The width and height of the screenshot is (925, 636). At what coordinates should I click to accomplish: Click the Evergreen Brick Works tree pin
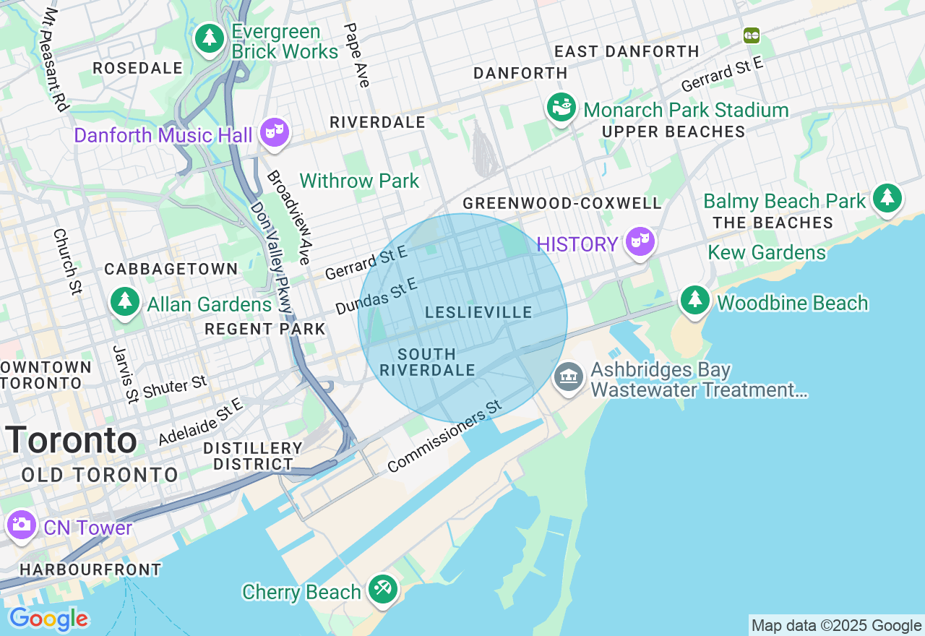[x=210, y=38]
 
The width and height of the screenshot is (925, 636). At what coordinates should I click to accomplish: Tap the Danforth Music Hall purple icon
[x=275, y=132]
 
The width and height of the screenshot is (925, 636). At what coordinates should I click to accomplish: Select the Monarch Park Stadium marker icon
[x=561, y=108]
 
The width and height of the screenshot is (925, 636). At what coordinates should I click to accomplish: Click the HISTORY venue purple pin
[x=640, y=241]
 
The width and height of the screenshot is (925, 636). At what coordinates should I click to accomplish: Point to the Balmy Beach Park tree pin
[x=887, y=198]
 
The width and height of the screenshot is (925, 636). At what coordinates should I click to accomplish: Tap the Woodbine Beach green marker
[x=694, y=299]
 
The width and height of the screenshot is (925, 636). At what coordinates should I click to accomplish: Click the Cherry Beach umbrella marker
[x=382, y=589]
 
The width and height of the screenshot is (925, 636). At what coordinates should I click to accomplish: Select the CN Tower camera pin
[x=21, y=525]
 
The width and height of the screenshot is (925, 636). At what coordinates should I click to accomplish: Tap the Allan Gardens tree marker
[x=125, y=302]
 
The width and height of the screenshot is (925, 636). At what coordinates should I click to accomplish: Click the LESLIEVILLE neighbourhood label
[x=478, y=312]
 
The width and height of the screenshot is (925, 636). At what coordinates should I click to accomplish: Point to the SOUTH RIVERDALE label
[x=427, y=362]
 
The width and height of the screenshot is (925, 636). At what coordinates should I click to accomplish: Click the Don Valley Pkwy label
[x=271, y=257]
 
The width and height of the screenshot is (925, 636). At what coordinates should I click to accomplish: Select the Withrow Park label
[x=359, y=181]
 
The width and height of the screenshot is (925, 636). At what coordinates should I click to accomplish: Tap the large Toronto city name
[x=71, y=439]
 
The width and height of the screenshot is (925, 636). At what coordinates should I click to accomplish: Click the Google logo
[x=48, y=619]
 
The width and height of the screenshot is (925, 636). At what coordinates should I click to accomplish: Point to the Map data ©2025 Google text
[x=836, y=626]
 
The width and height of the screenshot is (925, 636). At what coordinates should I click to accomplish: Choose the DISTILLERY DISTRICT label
[x=252, y=456]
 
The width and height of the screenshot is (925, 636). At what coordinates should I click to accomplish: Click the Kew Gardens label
[x=767, y=252]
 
